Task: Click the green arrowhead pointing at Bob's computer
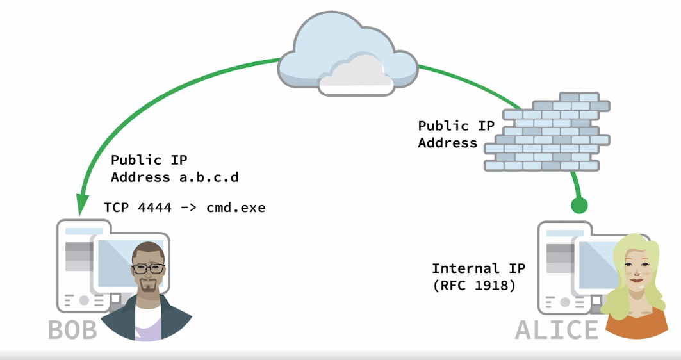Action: (81, 204)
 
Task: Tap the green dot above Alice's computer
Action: (579, 205)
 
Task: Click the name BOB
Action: (72, 330)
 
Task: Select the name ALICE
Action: (556, 329)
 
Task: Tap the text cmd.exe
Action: (236, 208)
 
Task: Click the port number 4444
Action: (152, 208)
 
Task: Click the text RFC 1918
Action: (477, 285)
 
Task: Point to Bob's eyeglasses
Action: (149, 268)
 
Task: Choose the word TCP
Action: (116, 208)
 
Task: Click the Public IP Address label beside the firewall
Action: (456, 134)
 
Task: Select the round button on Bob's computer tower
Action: (84, 300)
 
